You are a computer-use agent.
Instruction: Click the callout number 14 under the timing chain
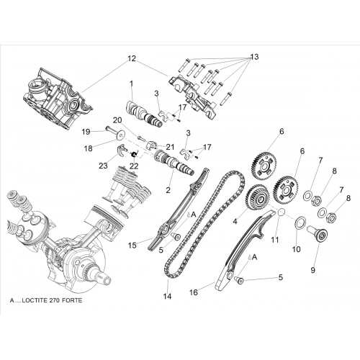coord(168,297)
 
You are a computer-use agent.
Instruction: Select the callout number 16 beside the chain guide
coord(194,292)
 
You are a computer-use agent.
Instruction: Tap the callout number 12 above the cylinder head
coord(132,58)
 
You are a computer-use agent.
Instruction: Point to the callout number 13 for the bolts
coord(254,57)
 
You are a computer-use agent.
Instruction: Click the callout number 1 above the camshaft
coord(131,84)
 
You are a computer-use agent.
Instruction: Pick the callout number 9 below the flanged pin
coord(312,270)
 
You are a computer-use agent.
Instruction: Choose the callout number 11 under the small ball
coord(275,240)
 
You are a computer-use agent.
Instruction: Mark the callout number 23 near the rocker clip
coord(104,166)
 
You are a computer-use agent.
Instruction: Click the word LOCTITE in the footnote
coord(35,300)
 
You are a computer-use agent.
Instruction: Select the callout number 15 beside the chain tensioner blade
coord(132,245)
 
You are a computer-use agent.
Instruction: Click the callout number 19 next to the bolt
coord(86,132)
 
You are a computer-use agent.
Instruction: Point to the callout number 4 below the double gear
coord(235,221)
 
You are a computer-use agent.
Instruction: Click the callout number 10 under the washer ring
coord(297,249)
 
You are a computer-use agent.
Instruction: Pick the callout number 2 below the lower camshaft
coord(168,190)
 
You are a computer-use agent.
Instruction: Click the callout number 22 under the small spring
coord(134,166)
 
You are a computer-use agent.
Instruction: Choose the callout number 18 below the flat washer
coord(89,148)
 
